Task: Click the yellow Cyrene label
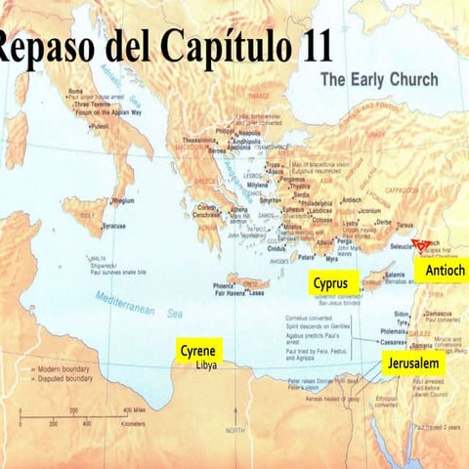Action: click(x=198, y=350)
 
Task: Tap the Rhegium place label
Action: click(x=123, y=200)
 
